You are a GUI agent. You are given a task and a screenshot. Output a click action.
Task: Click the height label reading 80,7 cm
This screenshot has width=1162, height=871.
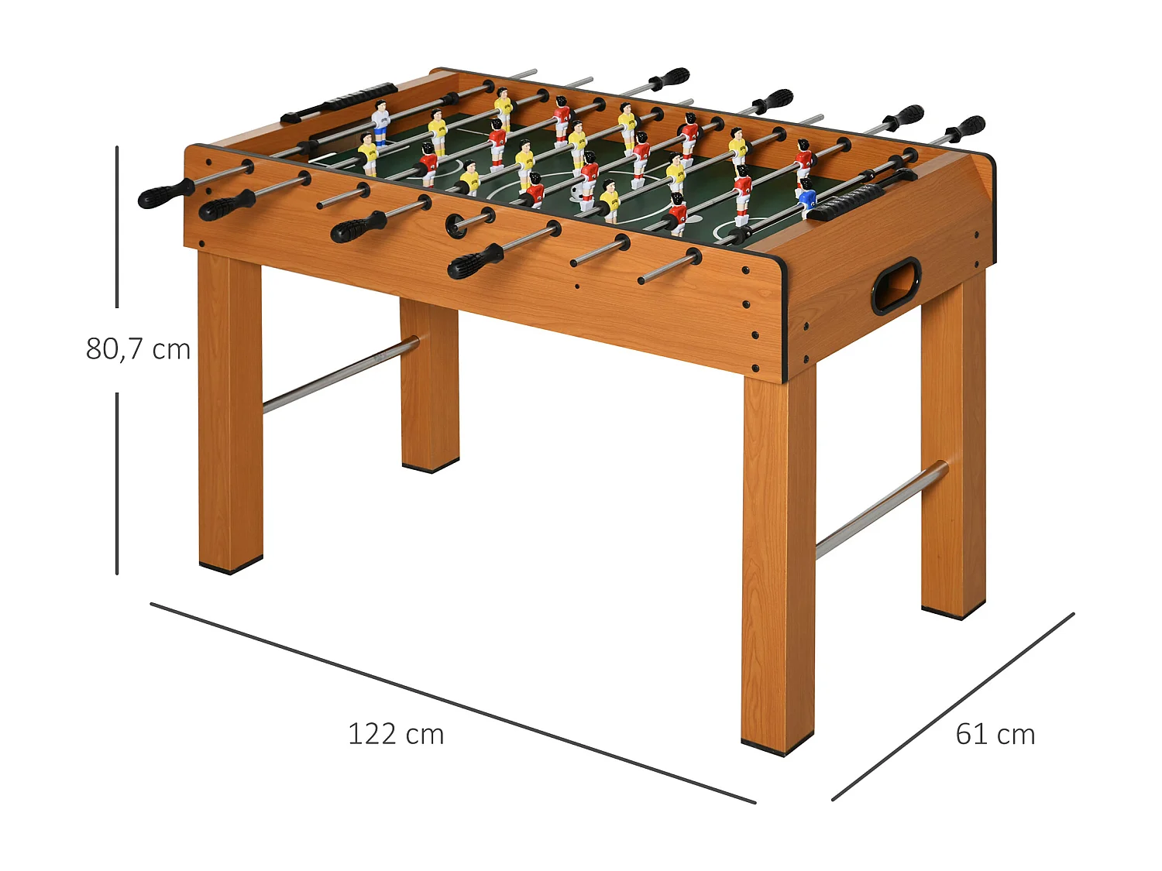point(138,349)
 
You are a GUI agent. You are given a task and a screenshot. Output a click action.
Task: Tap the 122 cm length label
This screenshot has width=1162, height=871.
point(396,734)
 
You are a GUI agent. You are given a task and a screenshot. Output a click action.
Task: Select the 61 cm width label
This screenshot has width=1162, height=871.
point(995,734)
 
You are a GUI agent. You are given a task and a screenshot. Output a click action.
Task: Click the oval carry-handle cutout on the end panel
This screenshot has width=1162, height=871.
point(896,286)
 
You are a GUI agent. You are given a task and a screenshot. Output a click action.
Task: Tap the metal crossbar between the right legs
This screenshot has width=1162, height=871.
point(881,509)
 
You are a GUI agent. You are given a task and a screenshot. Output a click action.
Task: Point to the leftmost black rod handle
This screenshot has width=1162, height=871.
point(165,194)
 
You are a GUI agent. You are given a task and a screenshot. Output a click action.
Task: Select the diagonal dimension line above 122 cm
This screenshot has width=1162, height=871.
point(452,703)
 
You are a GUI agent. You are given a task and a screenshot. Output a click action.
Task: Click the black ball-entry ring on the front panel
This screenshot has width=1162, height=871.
point(456,225)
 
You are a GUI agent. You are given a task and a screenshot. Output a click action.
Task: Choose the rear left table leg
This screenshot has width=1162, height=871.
point(430,387)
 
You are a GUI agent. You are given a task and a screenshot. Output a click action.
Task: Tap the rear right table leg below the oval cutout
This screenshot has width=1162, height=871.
point(954,449)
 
